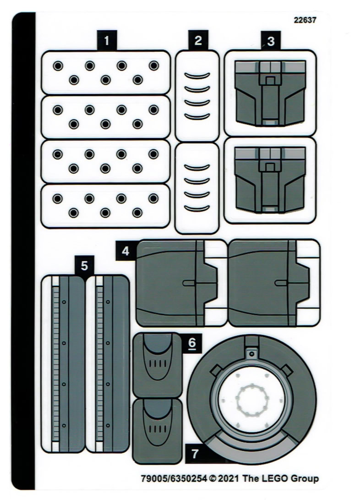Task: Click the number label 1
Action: click(107, 40)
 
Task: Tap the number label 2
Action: click(198, 40)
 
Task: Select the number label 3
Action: click(271, 41)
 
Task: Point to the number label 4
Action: click(125, 251)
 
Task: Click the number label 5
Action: click(84, 265)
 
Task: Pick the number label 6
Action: click(192, 342)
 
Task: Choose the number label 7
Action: click(195, 453)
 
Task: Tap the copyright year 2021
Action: click(229, 479)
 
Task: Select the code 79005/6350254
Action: click(174, 479)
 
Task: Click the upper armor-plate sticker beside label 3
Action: click(270, 93)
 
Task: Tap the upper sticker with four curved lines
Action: click(197, 95)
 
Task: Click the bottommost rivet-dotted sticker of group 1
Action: click(105, 206)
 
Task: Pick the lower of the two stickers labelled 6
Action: click(157, 431)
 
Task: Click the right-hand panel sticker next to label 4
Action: click(273, 283)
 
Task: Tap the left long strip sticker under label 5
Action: click(63, 363)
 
